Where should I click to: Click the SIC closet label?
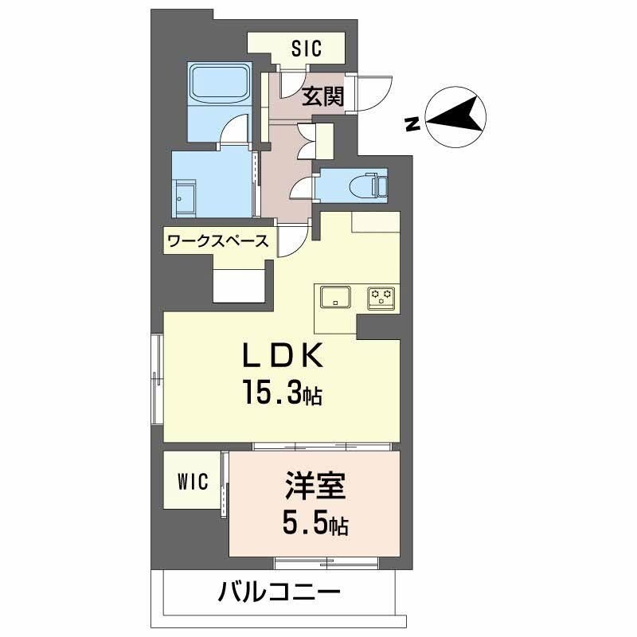[305, 49]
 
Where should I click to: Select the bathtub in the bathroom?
[220, 91]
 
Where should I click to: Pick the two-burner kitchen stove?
[381, 297]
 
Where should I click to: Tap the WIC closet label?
[192, 481]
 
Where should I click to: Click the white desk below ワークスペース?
[240, 283]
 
